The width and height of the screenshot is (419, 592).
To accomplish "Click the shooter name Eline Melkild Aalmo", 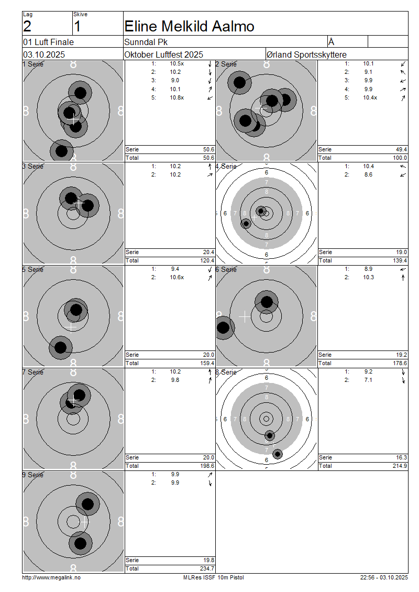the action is [189, 26].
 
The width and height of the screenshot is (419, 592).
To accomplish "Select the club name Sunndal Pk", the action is [146, 42].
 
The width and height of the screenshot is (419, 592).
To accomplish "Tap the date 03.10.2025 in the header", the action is [44, 54].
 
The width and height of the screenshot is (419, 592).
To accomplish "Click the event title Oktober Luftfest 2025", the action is [164, 54].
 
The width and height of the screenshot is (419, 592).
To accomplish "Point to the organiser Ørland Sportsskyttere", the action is [306, 54].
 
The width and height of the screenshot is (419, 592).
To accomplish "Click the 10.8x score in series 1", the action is [177, 98].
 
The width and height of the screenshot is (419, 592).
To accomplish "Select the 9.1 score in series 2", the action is [368, 72].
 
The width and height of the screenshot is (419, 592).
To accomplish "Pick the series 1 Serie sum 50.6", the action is [208, 149].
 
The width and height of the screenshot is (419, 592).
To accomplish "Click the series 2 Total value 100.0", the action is [400, 158].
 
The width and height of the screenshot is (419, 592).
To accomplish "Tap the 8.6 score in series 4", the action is [368, 175].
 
